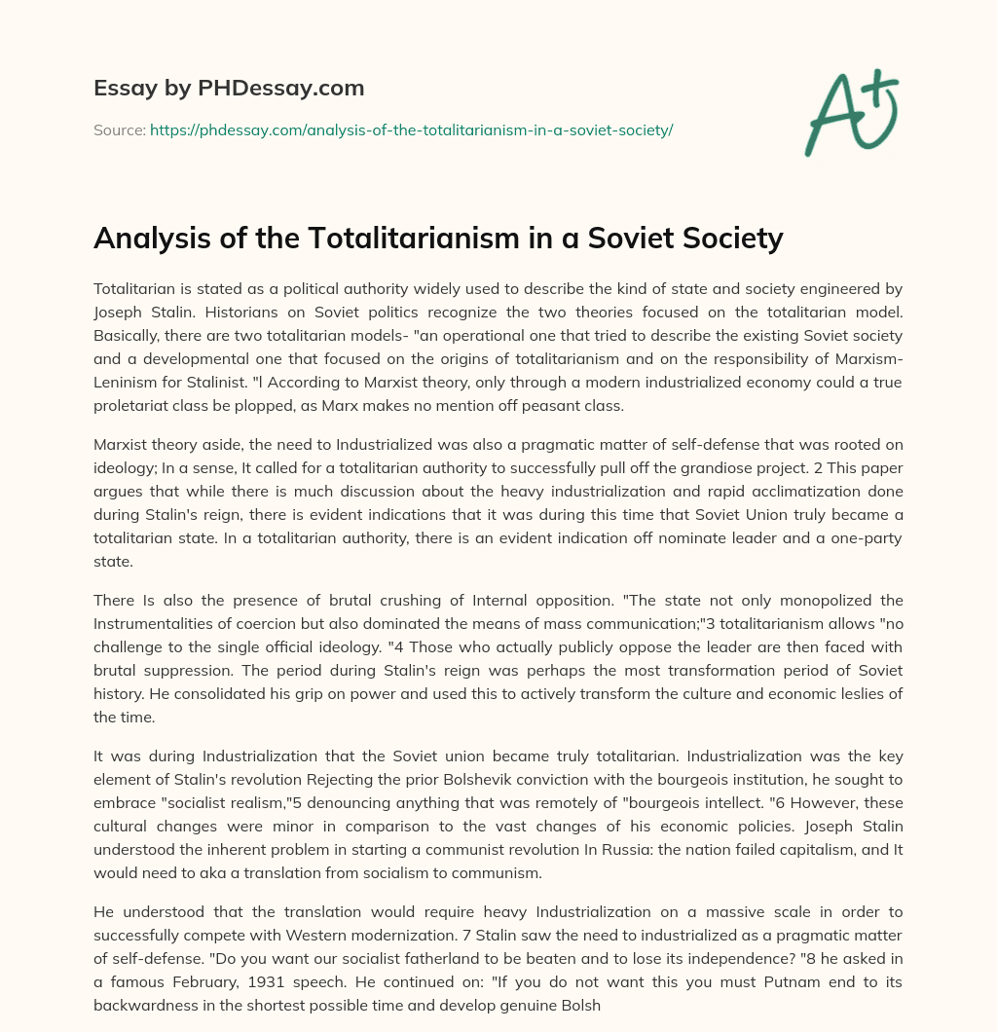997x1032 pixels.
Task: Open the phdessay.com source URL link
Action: point(411,129)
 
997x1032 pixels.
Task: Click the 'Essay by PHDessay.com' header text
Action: point(229,89)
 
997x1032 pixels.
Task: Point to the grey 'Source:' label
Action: point(119,129)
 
